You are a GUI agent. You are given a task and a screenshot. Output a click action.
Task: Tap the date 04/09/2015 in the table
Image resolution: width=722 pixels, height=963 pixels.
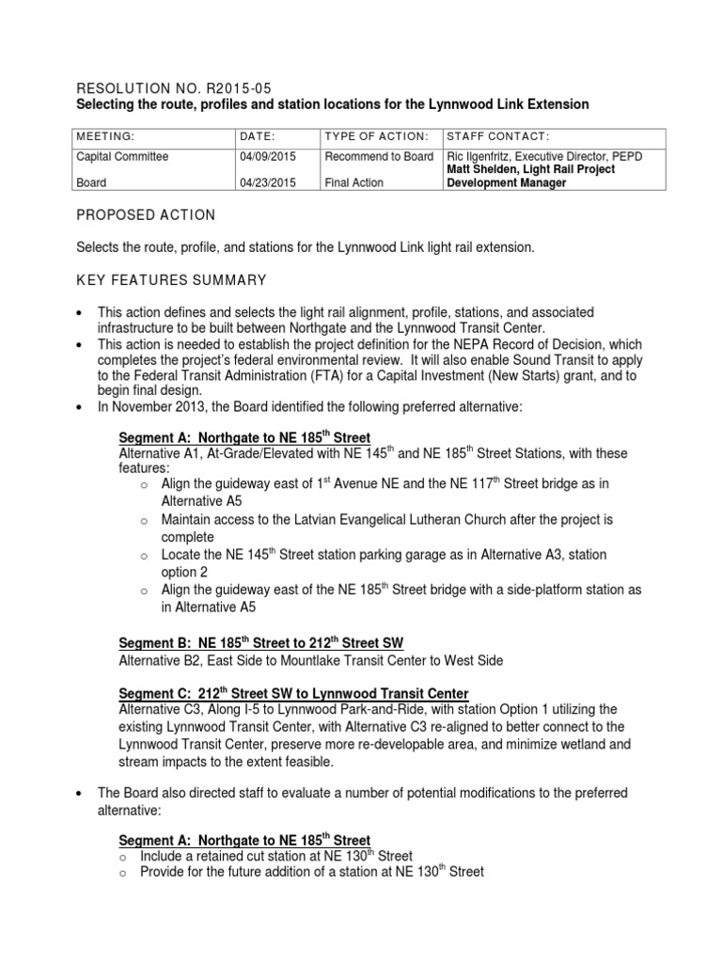[x=268, y=157]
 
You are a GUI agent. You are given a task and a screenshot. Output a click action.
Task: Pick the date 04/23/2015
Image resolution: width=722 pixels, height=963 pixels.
[x=268, y=182]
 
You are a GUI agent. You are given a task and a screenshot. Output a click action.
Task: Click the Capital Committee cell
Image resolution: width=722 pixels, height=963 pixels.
[x=123, y=157]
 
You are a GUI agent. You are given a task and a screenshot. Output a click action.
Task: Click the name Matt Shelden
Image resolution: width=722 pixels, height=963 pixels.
[x=482, y=169]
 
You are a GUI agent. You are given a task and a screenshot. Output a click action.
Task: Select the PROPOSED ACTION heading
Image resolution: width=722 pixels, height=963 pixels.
[x=146, y=215]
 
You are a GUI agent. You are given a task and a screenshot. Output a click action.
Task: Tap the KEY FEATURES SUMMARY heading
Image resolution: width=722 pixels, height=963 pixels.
[x=172, y=280]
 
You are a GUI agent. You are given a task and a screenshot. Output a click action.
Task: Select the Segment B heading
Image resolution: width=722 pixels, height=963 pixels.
[x=260, y=643]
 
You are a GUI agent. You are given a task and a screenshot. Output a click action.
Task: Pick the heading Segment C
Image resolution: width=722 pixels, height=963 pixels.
[x=293, y=694]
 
